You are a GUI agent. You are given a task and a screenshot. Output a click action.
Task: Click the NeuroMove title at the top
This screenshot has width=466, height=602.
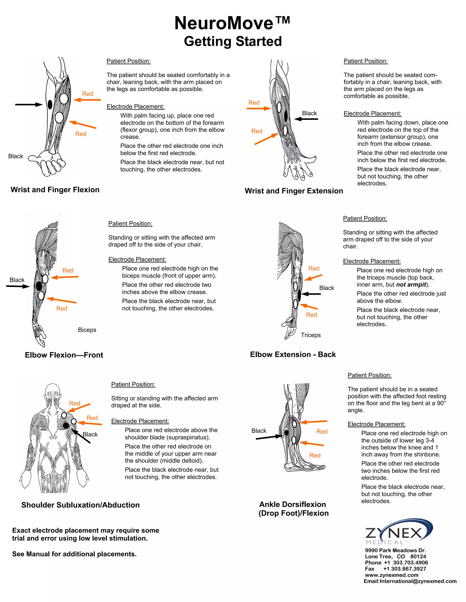tap(232, 23)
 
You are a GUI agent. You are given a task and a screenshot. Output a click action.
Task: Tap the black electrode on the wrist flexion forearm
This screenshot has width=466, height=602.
tap(50, 104)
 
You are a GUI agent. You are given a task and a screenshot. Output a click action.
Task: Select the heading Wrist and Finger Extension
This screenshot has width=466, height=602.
tap(294, 191)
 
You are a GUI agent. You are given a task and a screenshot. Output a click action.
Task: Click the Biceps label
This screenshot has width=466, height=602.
tap(87, 330)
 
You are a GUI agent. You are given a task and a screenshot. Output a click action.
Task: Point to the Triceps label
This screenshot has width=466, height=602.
tap(311, 335)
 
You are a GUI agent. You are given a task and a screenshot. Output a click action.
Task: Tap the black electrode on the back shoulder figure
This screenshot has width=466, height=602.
tap(66, 425)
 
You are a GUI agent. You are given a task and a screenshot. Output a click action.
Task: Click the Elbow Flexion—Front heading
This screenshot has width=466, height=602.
tap(64, 355)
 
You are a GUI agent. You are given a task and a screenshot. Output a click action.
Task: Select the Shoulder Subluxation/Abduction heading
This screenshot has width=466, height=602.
tap(80, 505)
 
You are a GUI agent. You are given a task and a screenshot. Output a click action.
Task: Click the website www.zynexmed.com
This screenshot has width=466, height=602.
tap(391, 575)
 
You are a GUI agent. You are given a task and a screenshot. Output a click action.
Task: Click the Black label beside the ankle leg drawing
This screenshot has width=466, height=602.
tap(259, 430)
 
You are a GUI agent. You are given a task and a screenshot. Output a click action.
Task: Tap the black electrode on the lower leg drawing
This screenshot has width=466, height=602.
tap(286, 433)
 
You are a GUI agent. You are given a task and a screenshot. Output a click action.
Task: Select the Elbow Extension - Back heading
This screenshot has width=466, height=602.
tap(293, 354)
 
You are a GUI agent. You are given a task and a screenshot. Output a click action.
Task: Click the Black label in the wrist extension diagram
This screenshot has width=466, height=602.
tap(309, 113)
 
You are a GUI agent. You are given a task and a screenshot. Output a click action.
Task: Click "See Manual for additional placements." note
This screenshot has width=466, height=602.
tap(74, 554)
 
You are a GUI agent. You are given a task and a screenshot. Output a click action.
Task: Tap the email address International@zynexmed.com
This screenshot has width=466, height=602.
tap(418, 581)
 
